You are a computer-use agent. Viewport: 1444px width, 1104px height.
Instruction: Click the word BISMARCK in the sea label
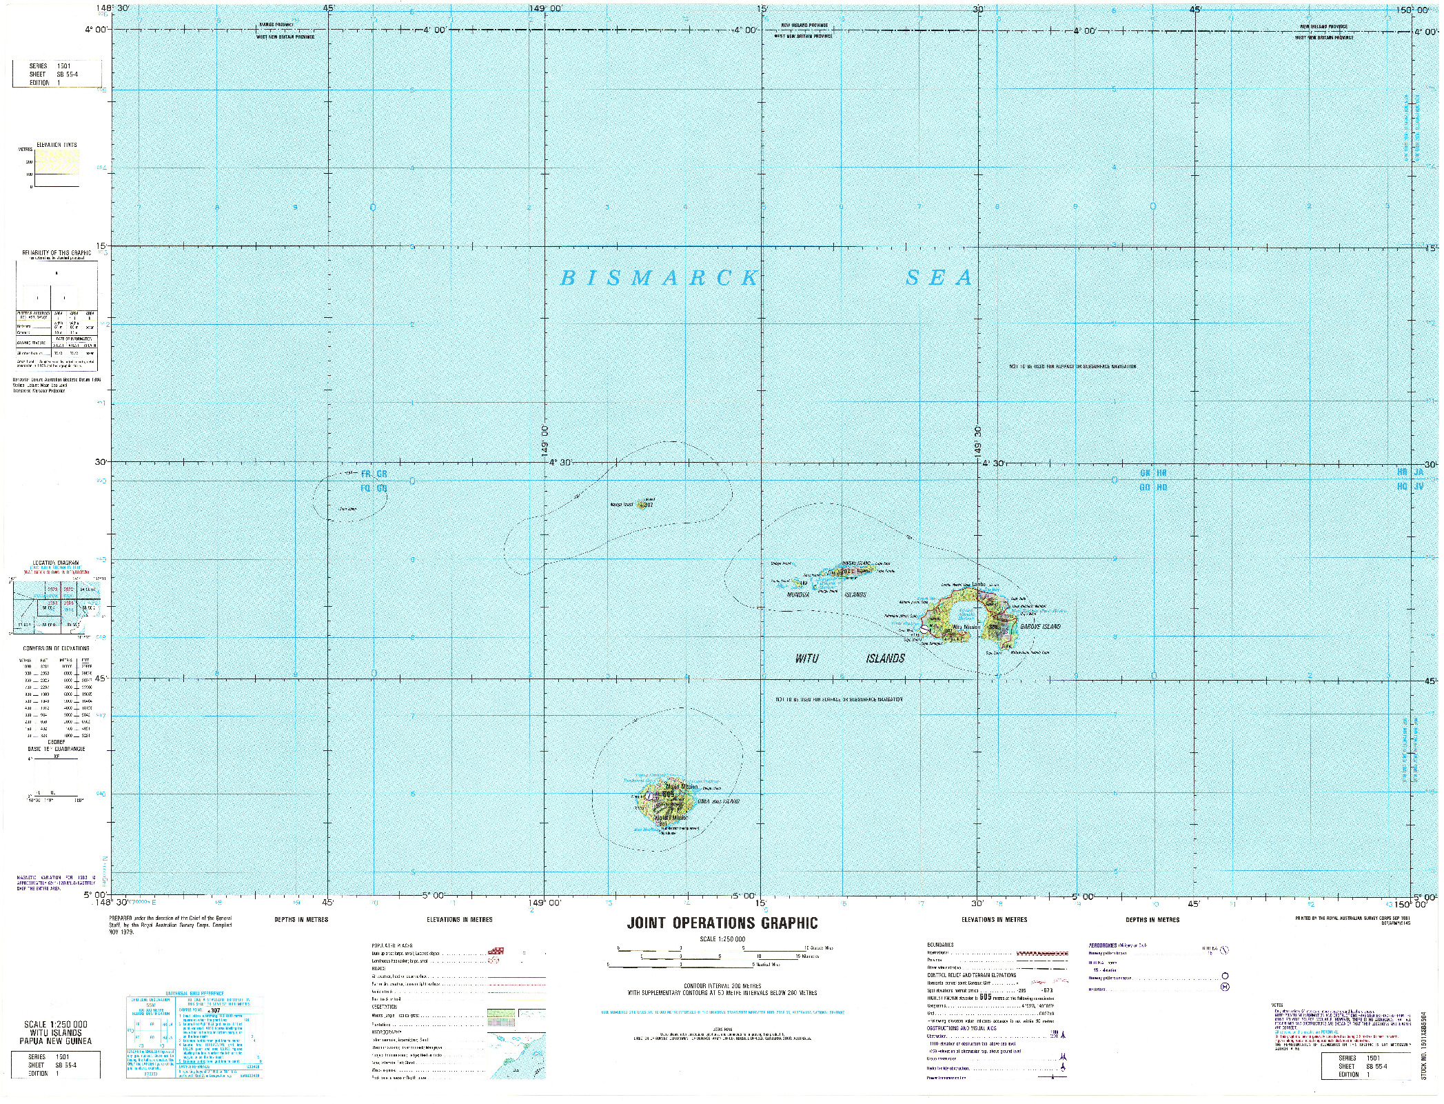[659, 278]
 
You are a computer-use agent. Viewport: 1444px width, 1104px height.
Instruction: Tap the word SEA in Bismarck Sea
[939, 278]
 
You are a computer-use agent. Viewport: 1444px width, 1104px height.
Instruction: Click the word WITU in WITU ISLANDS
[806, 659]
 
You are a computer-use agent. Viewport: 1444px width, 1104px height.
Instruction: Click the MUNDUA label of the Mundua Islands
[800, 594]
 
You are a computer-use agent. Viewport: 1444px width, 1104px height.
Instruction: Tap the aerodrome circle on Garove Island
[924, 630]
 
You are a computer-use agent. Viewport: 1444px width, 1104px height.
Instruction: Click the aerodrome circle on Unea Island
[649, 795]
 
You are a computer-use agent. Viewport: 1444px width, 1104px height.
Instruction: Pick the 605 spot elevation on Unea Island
[667, 794]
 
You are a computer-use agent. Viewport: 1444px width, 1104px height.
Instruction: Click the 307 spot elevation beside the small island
[648, 505]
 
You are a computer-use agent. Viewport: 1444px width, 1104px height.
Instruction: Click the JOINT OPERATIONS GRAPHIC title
[722, 923]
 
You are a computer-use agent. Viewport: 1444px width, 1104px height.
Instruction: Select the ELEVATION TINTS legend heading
[58, 145]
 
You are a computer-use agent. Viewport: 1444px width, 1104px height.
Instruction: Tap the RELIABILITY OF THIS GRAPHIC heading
[57, 253]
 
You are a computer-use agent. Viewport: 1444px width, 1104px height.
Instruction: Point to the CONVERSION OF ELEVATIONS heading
[56, 648]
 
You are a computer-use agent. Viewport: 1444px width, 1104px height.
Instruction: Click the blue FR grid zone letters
[366, 474]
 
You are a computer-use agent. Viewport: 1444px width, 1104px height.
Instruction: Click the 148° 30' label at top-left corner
[113, 8]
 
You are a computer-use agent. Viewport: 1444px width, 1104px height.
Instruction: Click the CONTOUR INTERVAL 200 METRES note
[722, 987]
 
